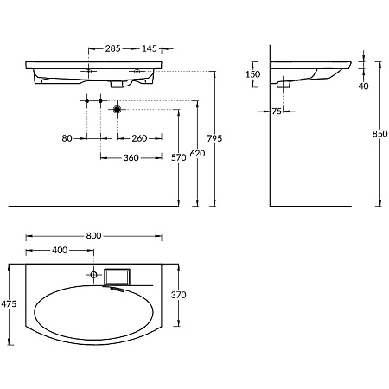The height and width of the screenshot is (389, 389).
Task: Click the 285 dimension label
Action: (112, 48)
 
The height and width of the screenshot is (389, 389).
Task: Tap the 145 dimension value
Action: (150, 48)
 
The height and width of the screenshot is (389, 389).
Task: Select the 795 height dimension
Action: (214, 138)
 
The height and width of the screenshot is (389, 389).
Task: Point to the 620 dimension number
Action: (197, 154)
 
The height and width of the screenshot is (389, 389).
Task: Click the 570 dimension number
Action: (179, 157)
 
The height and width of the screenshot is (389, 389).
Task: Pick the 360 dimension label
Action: (131, 158)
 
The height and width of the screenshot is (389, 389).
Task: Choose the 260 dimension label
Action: (139, 138)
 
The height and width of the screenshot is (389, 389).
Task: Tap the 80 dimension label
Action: (67, 138)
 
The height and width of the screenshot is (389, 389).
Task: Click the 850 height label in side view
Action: (379, 134)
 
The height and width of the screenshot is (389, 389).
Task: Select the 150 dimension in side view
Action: (252, 74)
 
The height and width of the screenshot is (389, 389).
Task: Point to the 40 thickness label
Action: (364, 86)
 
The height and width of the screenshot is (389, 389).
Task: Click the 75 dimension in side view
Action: (277, 112)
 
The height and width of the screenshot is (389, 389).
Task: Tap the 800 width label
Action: (93, 236)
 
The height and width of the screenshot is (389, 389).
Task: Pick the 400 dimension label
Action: (60, 250)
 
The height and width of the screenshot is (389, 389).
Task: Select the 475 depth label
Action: (9, 303)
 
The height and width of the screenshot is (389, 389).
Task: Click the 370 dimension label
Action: (179, 295)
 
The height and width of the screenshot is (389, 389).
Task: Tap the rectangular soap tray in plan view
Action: (118, 277)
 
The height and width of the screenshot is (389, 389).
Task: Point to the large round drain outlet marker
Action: (117, 110)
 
